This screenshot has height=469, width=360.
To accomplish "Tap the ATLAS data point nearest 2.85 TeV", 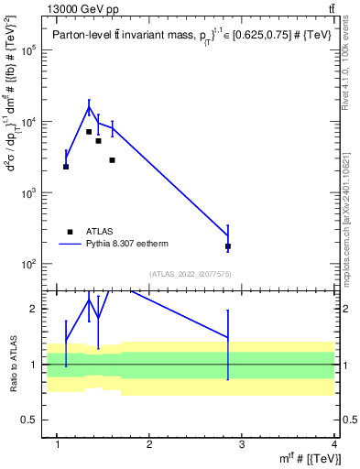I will (x=227, y=246).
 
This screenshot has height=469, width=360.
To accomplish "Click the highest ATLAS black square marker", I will (x=89, y=132).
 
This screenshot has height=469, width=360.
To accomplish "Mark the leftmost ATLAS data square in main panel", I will (x=66, y=167).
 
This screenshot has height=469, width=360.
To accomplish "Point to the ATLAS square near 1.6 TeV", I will (x=112, y=160).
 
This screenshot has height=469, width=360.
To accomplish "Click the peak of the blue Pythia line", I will (x=89, y=107).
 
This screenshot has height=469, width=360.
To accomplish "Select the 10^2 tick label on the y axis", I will (x=29, y=264).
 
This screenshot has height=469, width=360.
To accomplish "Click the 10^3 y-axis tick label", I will (x=29, y=193).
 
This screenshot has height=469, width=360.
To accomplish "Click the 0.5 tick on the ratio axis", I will (x=33, y=420).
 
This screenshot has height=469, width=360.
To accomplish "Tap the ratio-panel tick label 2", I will (x=37, y=310).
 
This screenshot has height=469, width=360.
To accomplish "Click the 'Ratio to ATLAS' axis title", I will (x=12, y=364).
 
